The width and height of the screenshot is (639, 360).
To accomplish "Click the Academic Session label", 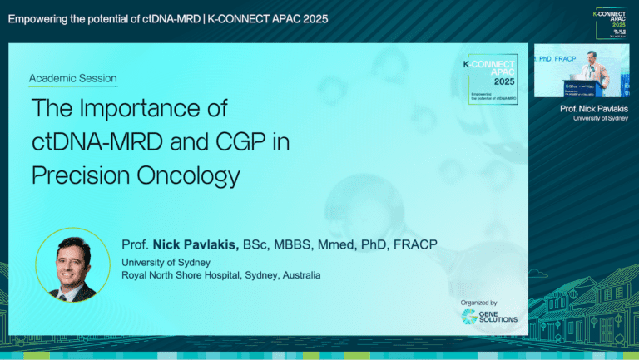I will (x=72, y=79).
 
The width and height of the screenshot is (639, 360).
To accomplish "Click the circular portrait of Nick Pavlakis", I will (x=72, y=264).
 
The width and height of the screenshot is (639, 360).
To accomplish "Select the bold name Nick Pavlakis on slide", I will (x=196, y=244).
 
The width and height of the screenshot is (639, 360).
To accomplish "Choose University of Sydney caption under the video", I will (x=601, y=119).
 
